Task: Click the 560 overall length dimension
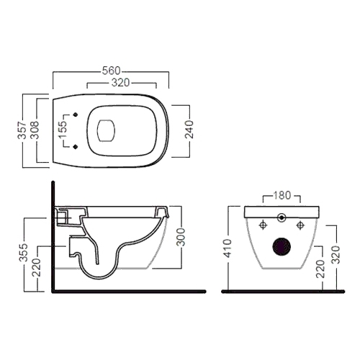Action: tap(111, 71)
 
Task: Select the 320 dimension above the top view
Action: tap(121, 83)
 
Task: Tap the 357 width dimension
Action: tap(22, 130)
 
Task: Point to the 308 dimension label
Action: tap(35, 130)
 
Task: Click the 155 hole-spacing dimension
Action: tap(63, 130)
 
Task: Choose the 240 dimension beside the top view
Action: tap(189, 130)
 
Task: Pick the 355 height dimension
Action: tap(24, 253)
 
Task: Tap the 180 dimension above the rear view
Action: tap(282, 195)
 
